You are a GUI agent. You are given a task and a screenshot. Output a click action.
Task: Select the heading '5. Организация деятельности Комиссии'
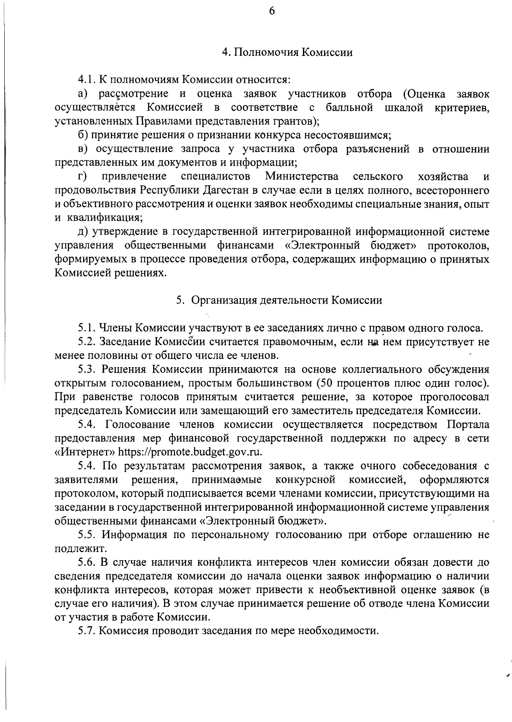click(279, 300)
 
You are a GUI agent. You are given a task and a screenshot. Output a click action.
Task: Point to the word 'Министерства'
click(302, 176)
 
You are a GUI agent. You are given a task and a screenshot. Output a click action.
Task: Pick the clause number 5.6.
click(87, 562)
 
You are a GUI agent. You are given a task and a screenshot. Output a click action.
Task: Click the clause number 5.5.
click(87, 535)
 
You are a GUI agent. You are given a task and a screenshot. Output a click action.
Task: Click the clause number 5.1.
click(87, 328)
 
